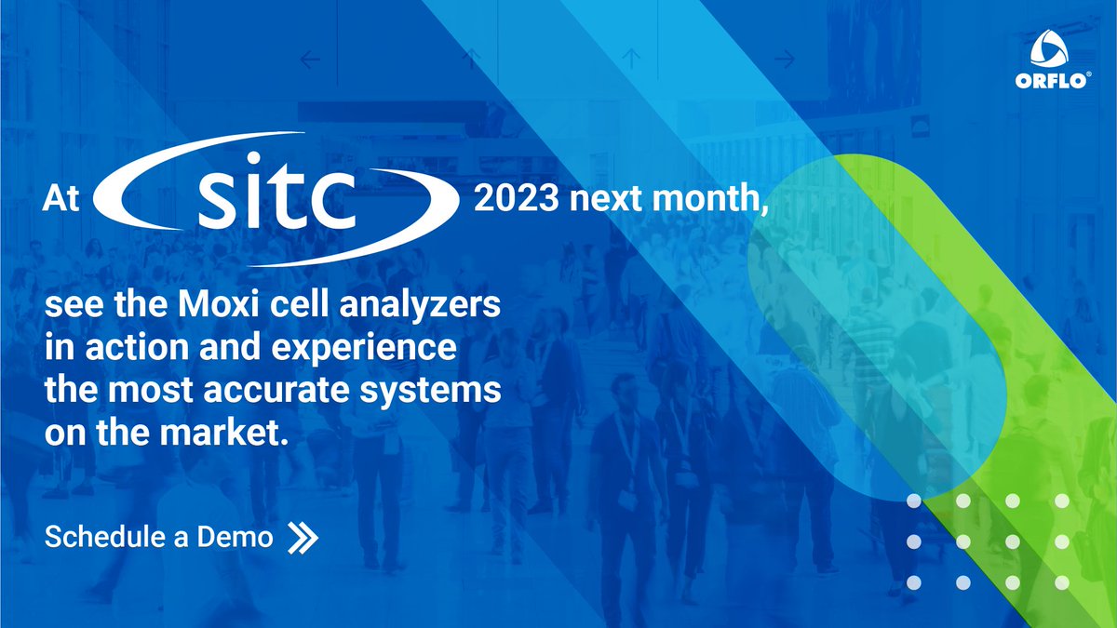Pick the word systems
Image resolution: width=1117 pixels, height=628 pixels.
click(449, 392)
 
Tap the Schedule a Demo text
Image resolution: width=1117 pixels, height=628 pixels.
click(158, 537)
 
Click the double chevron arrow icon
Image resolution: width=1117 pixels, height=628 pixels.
click(303, 537)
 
